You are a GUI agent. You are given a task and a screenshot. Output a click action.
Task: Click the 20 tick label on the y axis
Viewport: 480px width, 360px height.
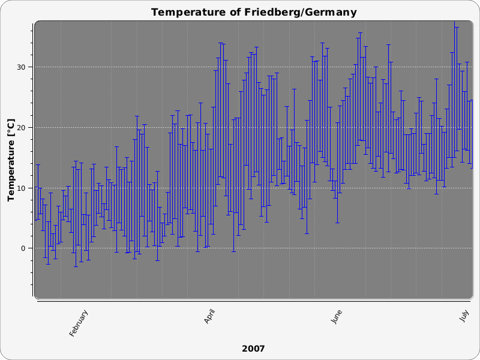[x=22, y=127]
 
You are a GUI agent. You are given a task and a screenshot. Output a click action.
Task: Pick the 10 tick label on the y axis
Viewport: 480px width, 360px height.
[x=22, y=188]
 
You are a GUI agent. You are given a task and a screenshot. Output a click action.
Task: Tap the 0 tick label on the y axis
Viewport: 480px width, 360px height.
[x=24, y=248]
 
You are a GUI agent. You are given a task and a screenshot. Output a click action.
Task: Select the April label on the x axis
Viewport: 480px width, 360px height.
[x=211, y=317]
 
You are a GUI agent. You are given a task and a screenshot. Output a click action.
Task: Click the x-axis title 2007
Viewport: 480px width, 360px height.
[x=253, y=349]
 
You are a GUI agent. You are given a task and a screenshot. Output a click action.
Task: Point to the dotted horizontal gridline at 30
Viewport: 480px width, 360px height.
[x=150, y=67]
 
